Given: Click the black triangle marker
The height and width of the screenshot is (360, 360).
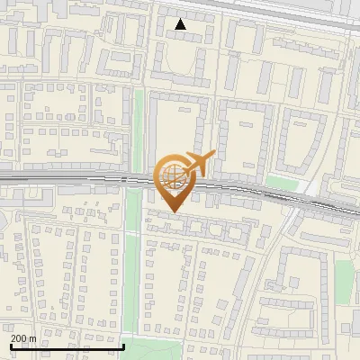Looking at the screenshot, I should pyautogui.click(x=181, y=24).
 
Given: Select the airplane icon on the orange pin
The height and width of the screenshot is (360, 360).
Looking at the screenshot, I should pyautogui.click(x=197, y=163).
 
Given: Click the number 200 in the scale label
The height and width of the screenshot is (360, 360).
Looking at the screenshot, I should pyautogui.click(x=20, y=338).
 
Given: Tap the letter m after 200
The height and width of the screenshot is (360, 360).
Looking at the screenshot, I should pyautogui.click(x=33, y=338).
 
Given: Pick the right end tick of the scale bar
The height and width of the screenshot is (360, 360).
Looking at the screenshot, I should pyautogui.click(x=123, y=345).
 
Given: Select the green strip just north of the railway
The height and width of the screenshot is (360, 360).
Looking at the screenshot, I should pyautogui.click(x=139, y=126).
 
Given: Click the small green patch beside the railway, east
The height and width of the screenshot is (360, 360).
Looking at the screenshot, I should pyautogui.click(x=281, y=184).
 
